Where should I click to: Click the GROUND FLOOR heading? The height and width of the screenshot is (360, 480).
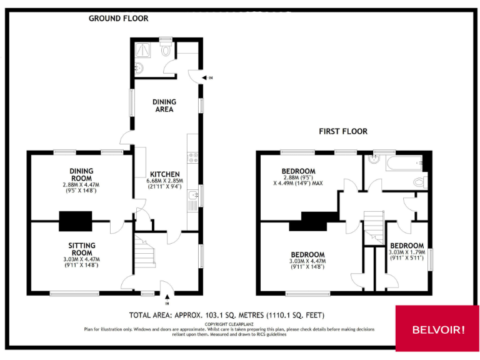click(x=118, y=18)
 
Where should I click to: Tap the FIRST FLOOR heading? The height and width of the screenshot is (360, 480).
click(x=343, y=131)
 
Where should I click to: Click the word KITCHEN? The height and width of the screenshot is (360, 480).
click(x=164, y=174)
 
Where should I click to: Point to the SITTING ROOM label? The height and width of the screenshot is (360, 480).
click(x=82, y=249)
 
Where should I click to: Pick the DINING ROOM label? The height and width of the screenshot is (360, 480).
click(x=81, y=174)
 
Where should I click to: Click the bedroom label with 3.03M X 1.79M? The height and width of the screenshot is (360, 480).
click(x=406, y=246)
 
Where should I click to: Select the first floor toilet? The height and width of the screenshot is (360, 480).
click(x=419, y=182)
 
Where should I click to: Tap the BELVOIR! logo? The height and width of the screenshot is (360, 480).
click(x=437, y=329)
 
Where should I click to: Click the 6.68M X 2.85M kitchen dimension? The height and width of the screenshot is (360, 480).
click(x=164, y=181)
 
